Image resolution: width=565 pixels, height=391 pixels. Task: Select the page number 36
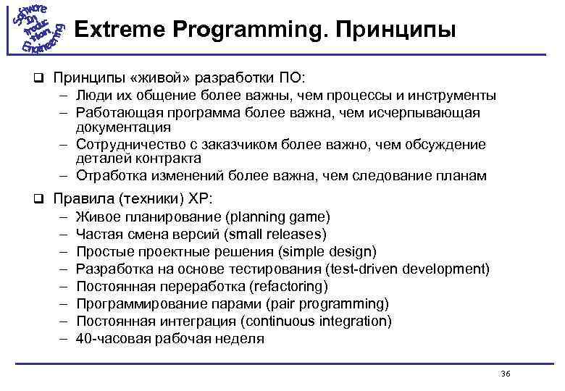[506, 374]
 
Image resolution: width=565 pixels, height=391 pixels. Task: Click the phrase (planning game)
[277, 217]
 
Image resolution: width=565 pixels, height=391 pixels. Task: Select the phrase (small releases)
[276, 235]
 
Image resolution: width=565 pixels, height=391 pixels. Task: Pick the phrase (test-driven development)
[408, 269]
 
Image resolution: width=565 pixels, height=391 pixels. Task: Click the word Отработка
[109, 176]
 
